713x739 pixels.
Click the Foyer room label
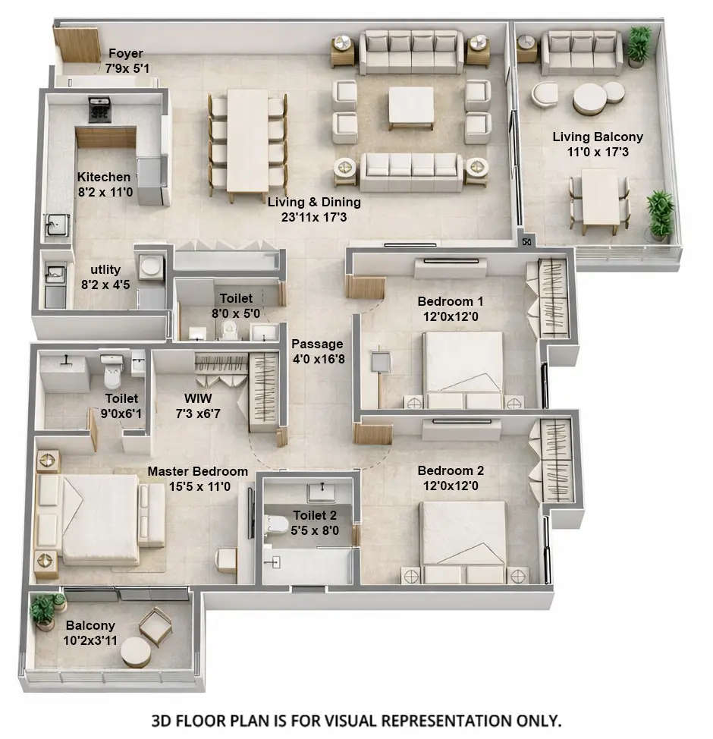click(x=125, y=54)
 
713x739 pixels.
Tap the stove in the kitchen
click(x=99, y=109)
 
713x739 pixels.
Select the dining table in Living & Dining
click(x=247, y=140)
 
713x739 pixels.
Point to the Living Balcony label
click(x=597, y=137)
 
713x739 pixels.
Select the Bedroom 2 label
click(x=451, y=470)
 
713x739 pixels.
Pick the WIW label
click(x=199, y=398)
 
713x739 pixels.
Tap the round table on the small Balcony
click(x=137, y=652)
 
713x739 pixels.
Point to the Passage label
click(x=317, y=344)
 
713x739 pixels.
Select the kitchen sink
click(x=56, y=225)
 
